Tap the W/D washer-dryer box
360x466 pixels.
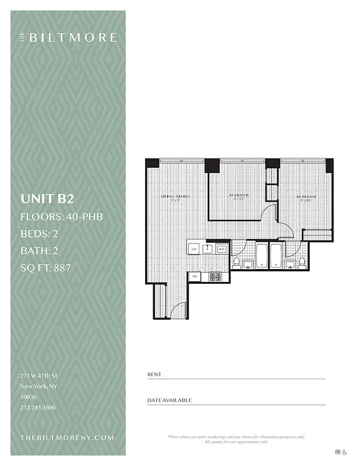click(x=221, y=249)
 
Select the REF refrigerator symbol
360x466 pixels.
click(x=195, y=277)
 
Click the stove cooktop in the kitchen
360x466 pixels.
click(x=216, y=277)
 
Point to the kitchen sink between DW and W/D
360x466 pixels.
click(x=208, y=249)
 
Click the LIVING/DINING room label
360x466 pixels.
click(x=175, y=196)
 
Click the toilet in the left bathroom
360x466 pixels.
click(x=237, y=263)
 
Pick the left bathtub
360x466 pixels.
click(x=262, y=256)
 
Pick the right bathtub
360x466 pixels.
click(x=276, y=256)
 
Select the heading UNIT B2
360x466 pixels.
click(x=47, y=199)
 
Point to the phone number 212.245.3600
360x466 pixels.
click(x=38, y=408)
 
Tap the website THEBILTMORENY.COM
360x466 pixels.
click(x=67, y=437)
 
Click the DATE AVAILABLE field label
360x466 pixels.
click(x=170, y=401)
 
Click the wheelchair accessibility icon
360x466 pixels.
click(x=345, y=451)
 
